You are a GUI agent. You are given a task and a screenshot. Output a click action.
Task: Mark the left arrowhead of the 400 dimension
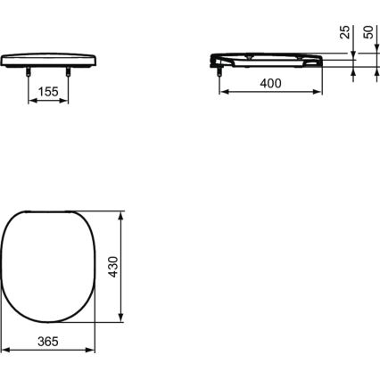221,93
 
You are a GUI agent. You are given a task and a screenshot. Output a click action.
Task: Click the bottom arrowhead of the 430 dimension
121,320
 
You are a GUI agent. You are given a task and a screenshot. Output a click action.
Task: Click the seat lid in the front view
49,58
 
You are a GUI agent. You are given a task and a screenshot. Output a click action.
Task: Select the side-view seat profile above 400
272,58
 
